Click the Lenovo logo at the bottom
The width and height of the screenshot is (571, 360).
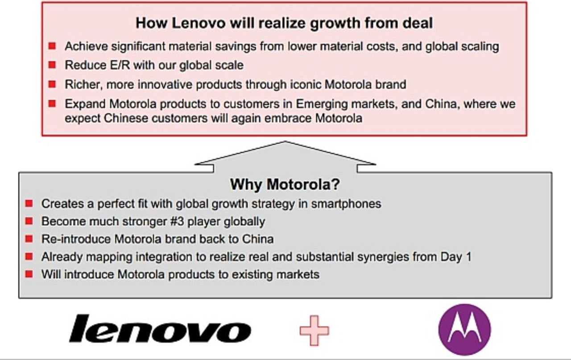pos(160,329)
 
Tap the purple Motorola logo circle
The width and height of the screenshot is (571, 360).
pos(464,329)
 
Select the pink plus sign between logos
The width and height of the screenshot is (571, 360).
pos(314,331)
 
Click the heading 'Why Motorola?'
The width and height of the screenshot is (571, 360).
pos(285,184)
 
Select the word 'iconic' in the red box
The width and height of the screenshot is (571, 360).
pos(304,84)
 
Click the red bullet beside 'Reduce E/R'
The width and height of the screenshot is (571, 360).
pos(52,65)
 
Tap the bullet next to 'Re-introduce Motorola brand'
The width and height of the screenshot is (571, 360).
pos(29,239)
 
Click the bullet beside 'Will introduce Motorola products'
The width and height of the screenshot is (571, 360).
pos(29,274)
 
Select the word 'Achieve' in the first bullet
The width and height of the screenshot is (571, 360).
pos(86,46)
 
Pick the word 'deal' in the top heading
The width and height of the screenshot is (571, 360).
pos(418,23)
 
